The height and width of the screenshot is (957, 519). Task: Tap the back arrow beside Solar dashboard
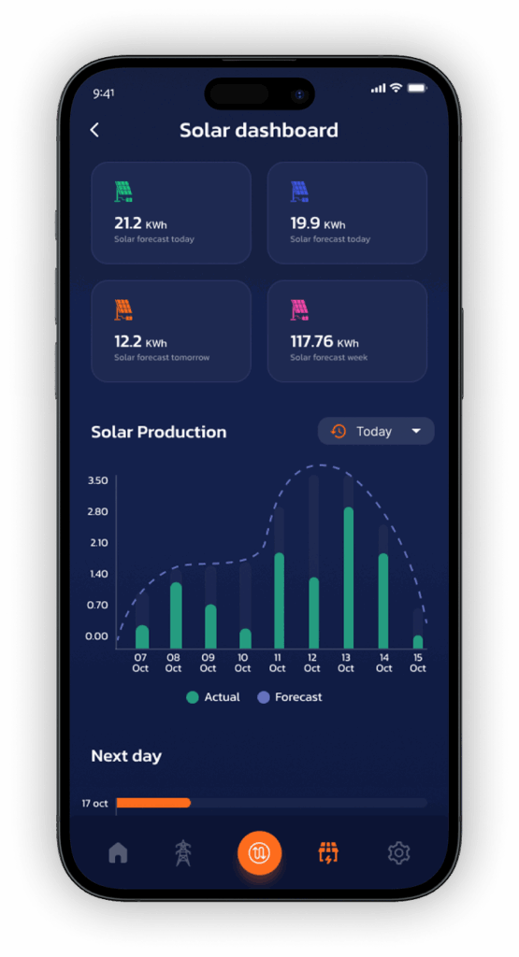tap(94, 131)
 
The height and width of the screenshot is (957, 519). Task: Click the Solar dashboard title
tap(259, 131)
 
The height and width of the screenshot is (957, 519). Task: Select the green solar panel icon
tap(123, 192)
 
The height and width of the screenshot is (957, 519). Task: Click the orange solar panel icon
tap(123, 309)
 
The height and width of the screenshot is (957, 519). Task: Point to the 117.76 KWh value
tap(324, 341)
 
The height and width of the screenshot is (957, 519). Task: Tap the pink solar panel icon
tap(299, 309)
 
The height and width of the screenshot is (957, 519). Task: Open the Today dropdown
tap(376, 432)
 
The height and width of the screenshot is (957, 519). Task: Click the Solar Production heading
tap(158, 432)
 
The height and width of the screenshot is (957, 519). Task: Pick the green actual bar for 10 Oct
tap(245, 638)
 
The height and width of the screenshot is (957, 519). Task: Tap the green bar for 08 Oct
tap(176, 615)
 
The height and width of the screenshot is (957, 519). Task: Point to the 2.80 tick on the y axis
tap(97, 512)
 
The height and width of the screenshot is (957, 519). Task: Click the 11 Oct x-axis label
tap(278, 663)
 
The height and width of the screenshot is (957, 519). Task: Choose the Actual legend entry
tap(213, 697)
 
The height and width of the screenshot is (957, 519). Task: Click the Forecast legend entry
tap(290, 697)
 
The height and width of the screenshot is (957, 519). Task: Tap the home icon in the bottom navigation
tap(118, 852)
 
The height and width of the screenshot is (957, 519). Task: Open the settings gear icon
tap(398, 852)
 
